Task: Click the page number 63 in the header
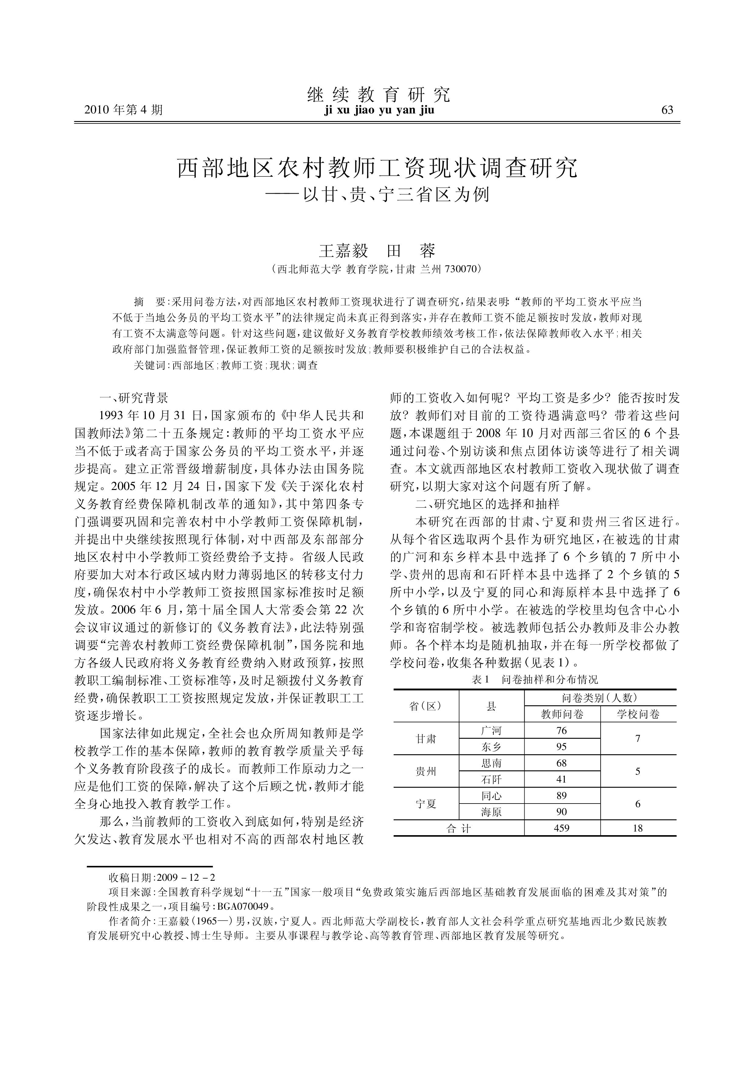point(667,110)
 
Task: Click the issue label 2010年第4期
point(123,110)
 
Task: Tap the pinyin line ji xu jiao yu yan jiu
point(379,110)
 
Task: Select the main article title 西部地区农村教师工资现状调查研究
point(377,168)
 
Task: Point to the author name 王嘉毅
point(343,251)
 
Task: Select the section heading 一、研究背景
point(134,398)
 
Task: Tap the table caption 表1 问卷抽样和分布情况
point(535,679)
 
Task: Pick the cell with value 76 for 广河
point(562,731)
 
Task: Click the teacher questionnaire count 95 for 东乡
point(562,747)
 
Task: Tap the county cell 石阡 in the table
point(491,780)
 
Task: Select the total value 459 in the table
point(562,828)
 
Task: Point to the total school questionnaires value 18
point(638,828)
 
